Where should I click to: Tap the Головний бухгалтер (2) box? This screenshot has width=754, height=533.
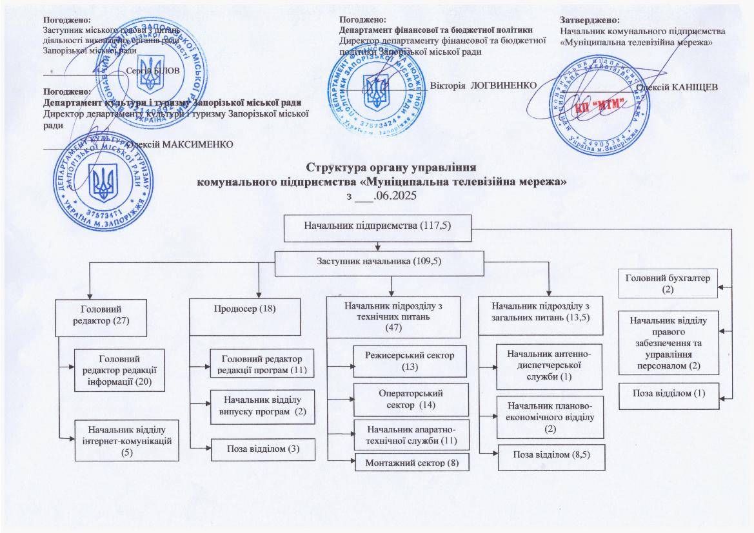(x=668, y=284)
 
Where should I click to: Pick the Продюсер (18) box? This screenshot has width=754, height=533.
(x=244, y=316)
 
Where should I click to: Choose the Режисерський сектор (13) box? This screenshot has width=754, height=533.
(x=410, y=361)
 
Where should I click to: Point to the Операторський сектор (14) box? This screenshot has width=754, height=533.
(x=410, y=400)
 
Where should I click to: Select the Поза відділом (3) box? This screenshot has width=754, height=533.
(x=263, y=449)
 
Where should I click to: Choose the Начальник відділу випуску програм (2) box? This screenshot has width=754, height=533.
(x=263, y=406)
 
